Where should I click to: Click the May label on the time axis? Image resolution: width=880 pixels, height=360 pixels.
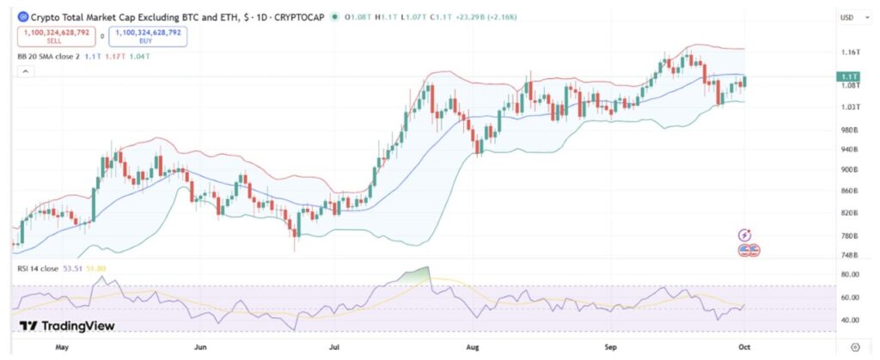[61, 349]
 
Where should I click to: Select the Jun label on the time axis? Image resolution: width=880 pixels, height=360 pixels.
[200, 349]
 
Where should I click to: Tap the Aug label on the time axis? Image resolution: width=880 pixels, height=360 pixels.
[471, 349]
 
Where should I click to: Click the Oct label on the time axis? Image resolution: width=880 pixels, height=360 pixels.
[746, 349]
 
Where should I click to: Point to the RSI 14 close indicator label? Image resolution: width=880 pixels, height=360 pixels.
[39, 269]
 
